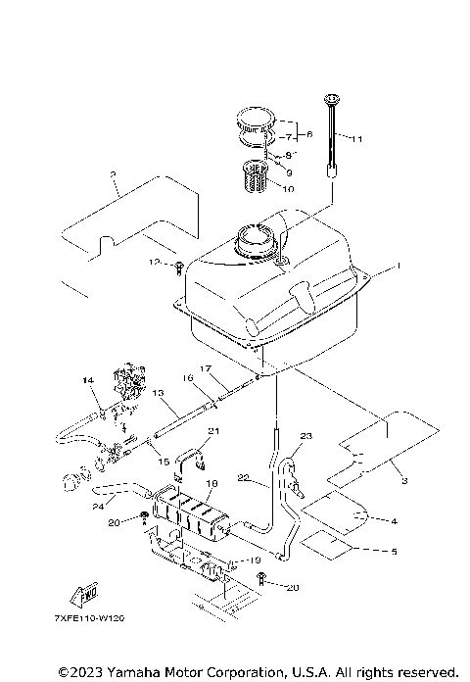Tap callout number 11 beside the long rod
pos(357,140)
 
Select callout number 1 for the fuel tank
pos(399,266)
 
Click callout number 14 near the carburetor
pos(86,380)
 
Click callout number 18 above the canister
pos(211,484)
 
